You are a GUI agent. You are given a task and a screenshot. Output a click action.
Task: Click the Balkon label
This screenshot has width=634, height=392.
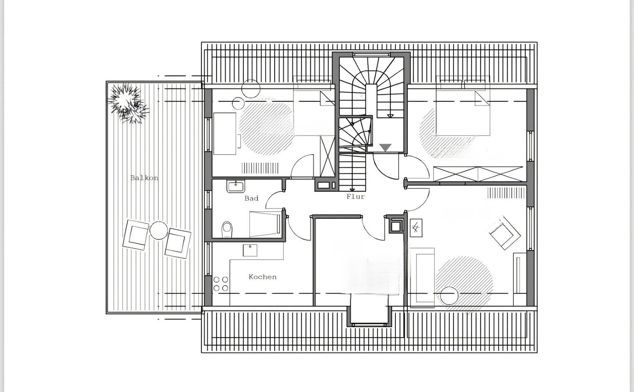coord(144,178)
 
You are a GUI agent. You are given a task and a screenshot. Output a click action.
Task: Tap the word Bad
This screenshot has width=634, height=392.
coord(251,198)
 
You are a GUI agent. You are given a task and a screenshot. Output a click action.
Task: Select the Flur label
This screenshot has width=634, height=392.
coord(355,196)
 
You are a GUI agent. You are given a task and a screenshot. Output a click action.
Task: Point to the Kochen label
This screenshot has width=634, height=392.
coord(262,277)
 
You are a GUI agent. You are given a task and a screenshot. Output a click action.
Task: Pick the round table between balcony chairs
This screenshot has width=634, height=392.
coord(159,230)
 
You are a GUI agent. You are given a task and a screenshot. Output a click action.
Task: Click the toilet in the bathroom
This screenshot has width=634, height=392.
coord(227,229)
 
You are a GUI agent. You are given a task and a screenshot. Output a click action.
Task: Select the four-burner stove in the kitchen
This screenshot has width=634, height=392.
coord(221,284)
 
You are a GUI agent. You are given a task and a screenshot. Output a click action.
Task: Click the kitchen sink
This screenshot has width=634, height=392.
coord(250,250)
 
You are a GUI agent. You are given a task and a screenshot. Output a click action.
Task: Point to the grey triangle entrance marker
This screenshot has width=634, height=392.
coord(385,147)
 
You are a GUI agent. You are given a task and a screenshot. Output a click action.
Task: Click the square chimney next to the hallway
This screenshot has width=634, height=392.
coord(395,226)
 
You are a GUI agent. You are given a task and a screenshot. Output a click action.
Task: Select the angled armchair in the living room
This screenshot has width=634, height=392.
coord(504,232)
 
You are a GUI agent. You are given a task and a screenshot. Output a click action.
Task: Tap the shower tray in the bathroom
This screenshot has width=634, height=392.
coord(265,224)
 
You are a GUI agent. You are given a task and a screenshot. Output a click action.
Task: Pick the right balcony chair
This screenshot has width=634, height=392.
coord(178,242)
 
